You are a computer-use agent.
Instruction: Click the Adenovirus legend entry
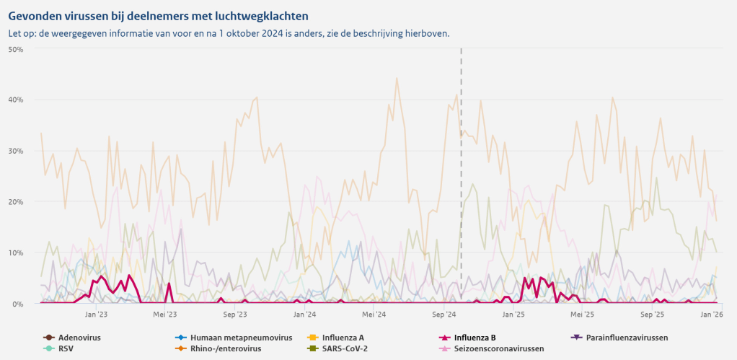click(x=79, y=337)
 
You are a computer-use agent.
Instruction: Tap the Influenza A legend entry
click(x=343, y=337)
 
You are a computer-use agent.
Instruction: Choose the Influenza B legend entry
click(x=475, y=337)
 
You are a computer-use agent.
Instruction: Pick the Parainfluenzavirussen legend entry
click(x=627, y=337)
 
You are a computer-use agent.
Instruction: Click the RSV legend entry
click(x=66, y=348)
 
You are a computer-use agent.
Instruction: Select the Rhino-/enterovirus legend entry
click(x=225, y=348)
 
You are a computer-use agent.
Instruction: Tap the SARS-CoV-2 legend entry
click(x=345, y=348)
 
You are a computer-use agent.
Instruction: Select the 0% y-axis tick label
click(x=18, y=304)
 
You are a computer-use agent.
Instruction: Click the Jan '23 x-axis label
click(x=96, y=315)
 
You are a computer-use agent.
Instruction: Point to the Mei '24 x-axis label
click(x=374, y=315)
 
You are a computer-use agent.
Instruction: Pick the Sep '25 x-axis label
click(x=652, y=315)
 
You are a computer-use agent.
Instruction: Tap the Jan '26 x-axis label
click(x=712, y=315)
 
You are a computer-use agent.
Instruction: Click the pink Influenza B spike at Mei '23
click(x=169, y=284)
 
